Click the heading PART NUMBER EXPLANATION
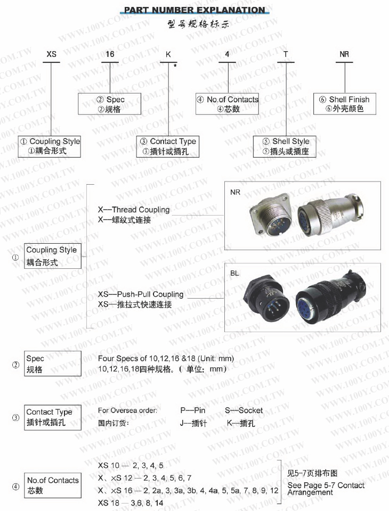coord(194,10)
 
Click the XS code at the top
coord(51,54)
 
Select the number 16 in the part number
coord(110,54)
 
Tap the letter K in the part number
coord(168,54)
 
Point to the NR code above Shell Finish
coord(345,54)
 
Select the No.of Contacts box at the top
coord(228,104)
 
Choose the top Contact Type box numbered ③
coord(168,146)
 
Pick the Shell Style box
coord(286,146)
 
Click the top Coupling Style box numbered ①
coord(50,146)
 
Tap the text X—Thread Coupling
coord(134,210)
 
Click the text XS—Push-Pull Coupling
coord(141,294)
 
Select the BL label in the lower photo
coord(235,273)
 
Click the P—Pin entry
coord(193,410)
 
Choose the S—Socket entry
coord(244,410)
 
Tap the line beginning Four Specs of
coord(166,358)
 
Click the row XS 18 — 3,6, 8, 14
coord(131,502)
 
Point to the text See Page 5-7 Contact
coord(326,485)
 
